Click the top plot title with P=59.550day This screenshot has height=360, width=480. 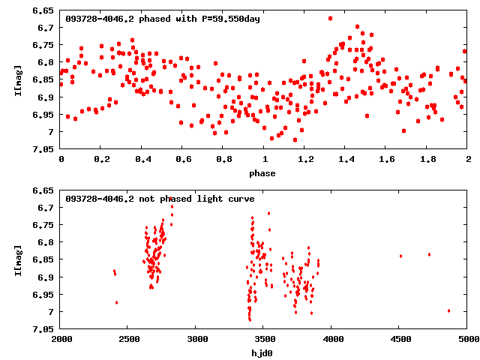(163, 19)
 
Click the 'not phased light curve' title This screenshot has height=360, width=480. (160, 199)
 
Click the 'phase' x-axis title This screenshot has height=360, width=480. (262, 173)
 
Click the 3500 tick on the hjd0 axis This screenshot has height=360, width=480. (264, 339)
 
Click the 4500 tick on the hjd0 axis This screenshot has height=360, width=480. (400, 339)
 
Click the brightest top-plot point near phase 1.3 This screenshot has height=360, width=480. (330, 18)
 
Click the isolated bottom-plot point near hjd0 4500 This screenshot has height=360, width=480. (400, 256)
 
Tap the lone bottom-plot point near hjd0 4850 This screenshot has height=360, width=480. (448, 310)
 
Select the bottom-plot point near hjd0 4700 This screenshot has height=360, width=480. (429, 254)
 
